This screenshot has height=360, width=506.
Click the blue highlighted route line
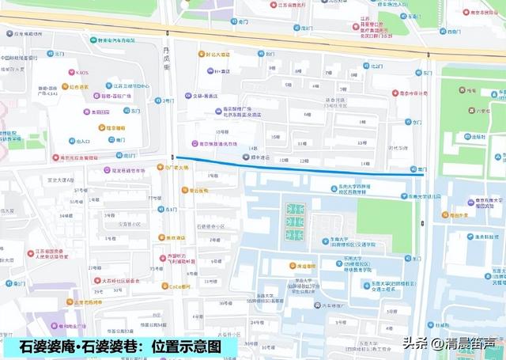(293, 165)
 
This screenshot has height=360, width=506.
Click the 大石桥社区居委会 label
(119, 280)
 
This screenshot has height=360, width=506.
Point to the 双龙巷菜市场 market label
(122, 169)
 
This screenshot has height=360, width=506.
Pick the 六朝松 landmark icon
(478, 112)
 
